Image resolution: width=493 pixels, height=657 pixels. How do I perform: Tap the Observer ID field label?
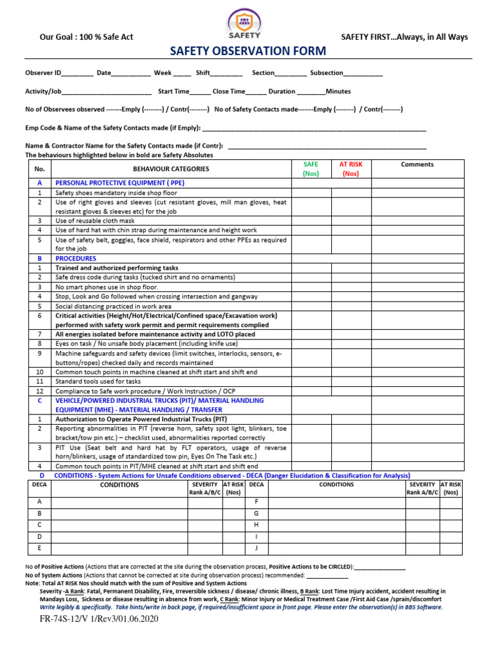click(43, 73)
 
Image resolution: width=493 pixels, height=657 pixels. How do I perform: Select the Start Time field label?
click(173, 92)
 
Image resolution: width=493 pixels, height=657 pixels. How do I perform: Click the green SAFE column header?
click(311, 169)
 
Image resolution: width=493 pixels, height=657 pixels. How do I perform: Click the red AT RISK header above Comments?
click(350, 169)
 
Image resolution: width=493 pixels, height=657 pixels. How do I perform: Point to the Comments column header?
click(417, 165)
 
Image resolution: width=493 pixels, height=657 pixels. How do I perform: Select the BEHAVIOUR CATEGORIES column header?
click(171, 169)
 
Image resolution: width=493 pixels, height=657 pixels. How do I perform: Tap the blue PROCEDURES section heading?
click(76, 259)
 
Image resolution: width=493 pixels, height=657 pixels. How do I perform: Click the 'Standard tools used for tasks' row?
click(98, 381)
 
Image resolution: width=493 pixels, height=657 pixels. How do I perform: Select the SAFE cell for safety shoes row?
click(311, 192)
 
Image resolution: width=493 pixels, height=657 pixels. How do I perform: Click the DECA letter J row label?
click(257, 547)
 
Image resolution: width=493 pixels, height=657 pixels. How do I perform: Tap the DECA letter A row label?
click(40, 501)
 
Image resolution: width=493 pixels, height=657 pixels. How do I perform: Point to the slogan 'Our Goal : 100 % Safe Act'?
click(87, 37)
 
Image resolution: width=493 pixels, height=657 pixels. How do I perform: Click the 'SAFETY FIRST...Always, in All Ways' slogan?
click(404, 37)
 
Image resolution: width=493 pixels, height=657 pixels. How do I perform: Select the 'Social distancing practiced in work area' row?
click(113, 306)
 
